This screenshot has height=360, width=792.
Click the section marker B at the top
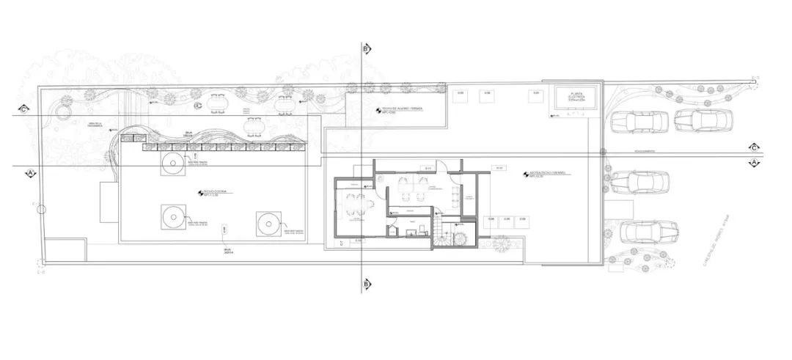pyautogui.click(x=365, y=48)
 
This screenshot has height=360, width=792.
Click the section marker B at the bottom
pyautogui.click(x=365, y=282)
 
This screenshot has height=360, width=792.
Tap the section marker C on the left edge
pyautogui.click(x=25, y=110)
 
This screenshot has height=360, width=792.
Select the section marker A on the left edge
pyautogui.click(x=31, y=172)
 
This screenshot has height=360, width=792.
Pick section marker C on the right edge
pyautogui.click(x=753, y=146)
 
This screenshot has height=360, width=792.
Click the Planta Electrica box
pyautogui.click(x=576, y=101)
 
